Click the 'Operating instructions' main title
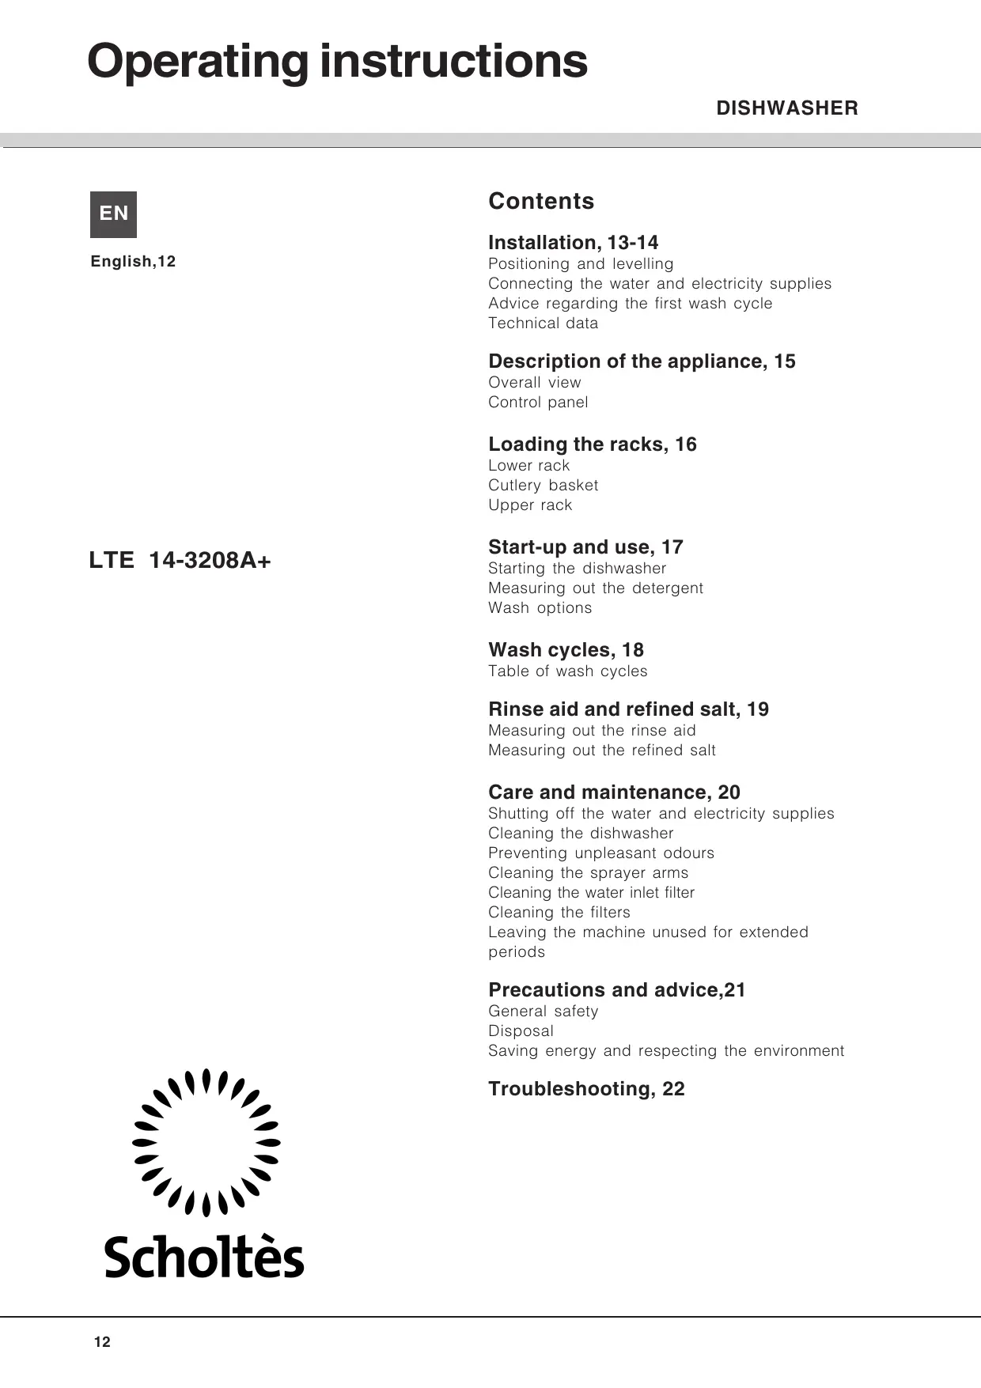[337, 62]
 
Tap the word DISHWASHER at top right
[786, 108]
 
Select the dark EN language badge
[113, 214]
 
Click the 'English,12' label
[133, 262]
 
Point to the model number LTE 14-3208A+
[180, 560]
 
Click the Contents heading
[541, 201]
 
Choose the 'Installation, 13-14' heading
[573, 242]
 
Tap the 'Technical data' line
[543, 323]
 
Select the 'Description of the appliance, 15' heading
[642, 361]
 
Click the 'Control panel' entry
[538, 402]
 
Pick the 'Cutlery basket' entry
[543, 485]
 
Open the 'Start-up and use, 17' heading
[585, 547]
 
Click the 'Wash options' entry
[540, 607]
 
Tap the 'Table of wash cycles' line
[567, 671]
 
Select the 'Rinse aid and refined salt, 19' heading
[628, 709]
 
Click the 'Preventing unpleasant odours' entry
[600, 853]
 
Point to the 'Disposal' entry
[521, 1031]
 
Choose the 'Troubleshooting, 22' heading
[586, 1088]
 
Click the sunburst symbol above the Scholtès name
[206, 1142]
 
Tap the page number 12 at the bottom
[102, 1341]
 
